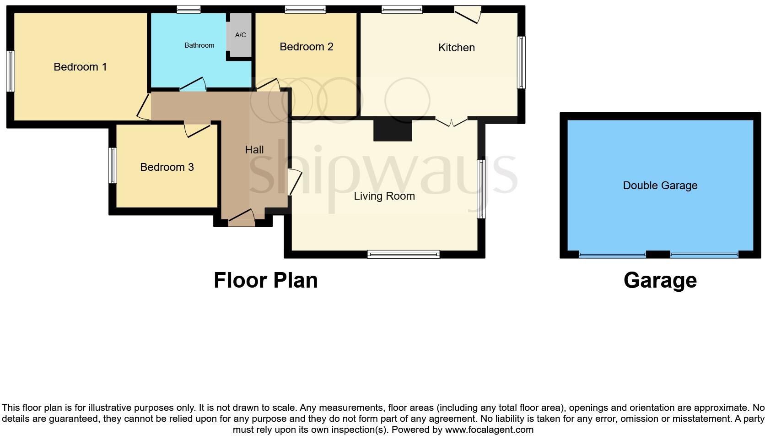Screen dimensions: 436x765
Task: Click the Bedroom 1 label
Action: coord(80,67)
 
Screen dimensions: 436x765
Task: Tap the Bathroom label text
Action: coord(199,45)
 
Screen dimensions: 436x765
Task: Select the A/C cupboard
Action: coord(240,35)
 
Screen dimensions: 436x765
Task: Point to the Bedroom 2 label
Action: coord(306,47)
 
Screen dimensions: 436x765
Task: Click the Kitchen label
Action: coord(456,48)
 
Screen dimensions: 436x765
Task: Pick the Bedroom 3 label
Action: coord(167,167)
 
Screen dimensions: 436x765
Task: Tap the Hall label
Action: coord(254,150)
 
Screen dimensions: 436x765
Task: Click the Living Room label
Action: coord(384,196)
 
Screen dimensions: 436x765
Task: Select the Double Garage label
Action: coord(660,185)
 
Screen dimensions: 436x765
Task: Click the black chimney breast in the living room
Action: coord(393,130)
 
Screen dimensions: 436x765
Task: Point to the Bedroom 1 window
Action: coord(10,71)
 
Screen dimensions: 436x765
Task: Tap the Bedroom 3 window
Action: coord(112,165)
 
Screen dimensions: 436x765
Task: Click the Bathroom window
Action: coord(189,9)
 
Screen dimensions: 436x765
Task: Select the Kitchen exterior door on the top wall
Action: coord(468,14)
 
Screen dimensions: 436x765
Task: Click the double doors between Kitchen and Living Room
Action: coord(451,121)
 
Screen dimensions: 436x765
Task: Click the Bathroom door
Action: coord(193,85)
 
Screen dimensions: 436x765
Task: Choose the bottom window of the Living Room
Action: coord(403,254)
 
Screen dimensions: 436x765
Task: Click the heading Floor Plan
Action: coord(265,280)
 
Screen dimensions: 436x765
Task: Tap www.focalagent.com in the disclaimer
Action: coord(489,430)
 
